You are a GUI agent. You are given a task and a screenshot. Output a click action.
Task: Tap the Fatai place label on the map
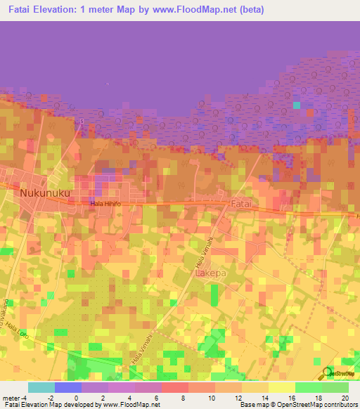(241, 202)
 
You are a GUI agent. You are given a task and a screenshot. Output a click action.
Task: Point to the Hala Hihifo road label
(105, 204)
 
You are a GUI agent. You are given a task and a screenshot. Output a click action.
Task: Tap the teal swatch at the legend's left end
(41, 387)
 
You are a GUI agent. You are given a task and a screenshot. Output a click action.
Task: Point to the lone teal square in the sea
(297, 105)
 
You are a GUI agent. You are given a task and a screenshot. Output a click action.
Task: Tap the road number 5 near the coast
(82, 122)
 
